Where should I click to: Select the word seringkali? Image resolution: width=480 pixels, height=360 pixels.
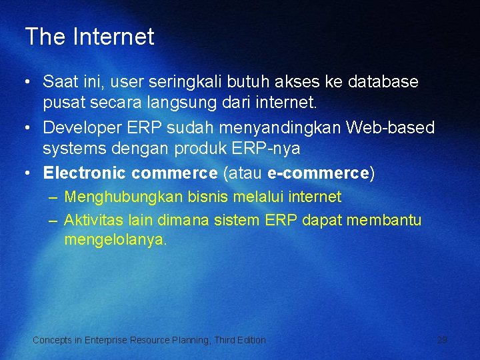pos(189,82)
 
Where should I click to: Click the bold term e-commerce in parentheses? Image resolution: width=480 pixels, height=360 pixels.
pos(318,173)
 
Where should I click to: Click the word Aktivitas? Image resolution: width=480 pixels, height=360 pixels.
pos(92,220)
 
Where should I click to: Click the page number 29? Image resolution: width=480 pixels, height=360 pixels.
pos(442,340)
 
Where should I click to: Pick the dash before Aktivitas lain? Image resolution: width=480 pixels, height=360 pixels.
pos(53,220)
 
